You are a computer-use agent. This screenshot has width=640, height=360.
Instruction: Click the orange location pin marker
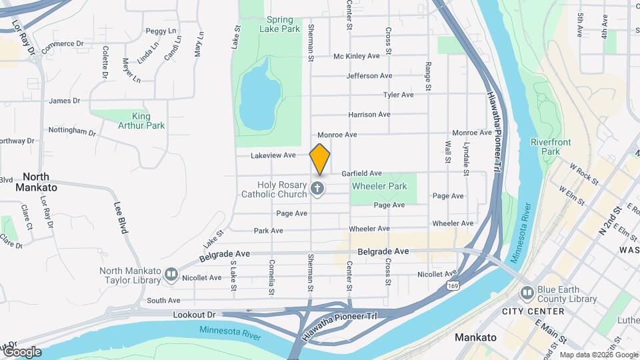tap(320, 159)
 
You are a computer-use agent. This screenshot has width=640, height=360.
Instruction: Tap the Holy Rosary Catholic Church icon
tap(317, 189)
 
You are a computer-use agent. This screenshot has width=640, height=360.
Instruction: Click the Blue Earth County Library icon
tap(527, 293)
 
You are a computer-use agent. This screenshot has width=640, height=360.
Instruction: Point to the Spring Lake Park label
tap(282, 24)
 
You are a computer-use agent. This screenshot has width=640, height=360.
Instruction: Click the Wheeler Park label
tap(379, 187)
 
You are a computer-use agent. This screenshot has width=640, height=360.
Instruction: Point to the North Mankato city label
tap(39, 182)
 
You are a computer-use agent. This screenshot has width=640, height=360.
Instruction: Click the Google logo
tap(21, 352)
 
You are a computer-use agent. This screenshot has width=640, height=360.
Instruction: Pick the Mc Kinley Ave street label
tap(357, 56)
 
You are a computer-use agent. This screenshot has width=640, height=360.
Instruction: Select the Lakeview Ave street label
tap(273, 155)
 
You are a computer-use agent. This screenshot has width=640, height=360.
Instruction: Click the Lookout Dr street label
tap(195, 314)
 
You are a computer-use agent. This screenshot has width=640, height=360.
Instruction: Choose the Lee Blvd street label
tap(120, 217)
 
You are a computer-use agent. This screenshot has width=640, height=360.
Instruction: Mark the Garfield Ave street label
tap(361, 173)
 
